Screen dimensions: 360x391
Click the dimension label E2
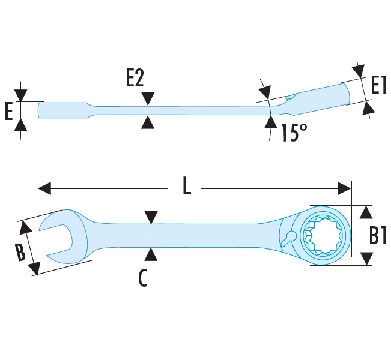click(x=135, y=79)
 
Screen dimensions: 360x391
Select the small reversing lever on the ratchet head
click(x=289, y=236)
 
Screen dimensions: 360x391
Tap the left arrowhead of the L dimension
click(x=43, y=189)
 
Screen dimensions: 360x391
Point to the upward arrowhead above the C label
click(x=151, y=253)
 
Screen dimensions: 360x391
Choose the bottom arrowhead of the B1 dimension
click(x=364, y=259)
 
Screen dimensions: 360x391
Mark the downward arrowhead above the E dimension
click(x=21, y=95)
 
